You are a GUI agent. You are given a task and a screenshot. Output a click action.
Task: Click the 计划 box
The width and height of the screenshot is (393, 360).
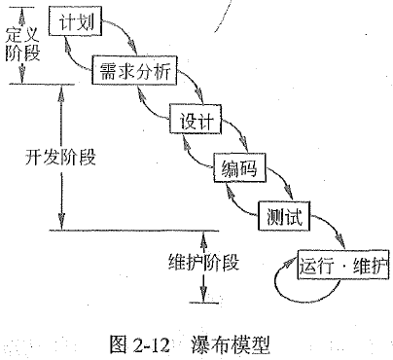[77, 22]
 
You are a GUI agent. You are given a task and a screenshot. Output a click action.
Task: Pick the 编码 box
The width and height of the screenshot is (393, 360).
[238, 170]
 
